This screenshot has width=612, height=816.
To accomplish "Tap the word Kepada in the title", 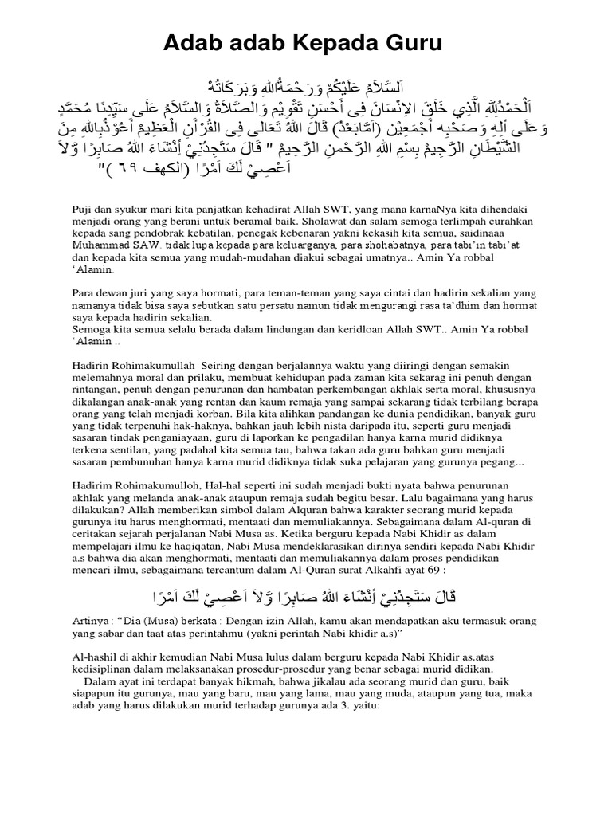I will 322,45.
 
